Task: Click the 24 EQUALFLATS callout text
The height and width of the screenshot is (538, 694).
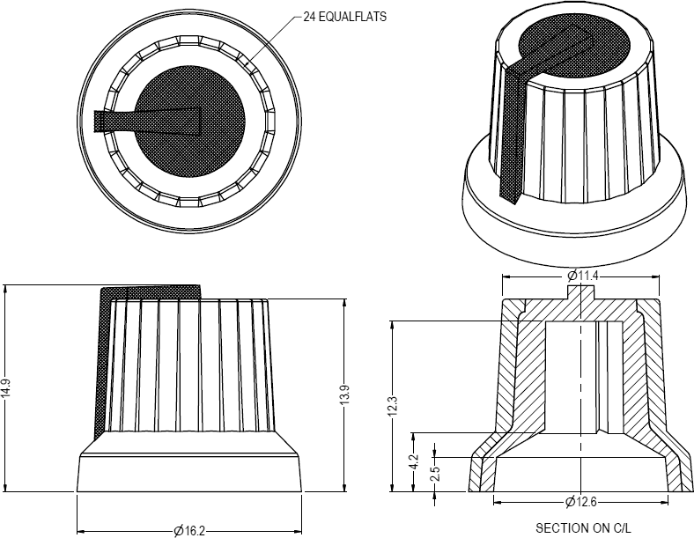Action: click(344, 17)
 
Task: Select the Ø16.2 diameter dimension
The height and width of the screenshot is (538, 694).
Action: click(189, 530)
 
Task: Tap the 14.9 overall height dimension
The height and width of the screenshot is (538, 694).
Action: click(5, 389)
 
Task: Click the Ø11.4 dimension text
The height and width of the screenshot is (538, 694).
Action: click(582, 276)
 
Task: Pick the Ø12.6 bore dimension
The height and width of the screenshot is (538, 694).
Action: click(580, 502)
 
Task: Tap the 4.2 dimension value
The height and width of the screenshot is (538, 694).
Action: click(413, 462)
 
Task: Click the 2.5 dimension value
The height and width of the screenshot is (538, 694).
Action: click(435, 474)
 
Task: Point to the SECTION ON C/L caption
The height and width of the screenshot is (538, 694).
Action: click(583, 527)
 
